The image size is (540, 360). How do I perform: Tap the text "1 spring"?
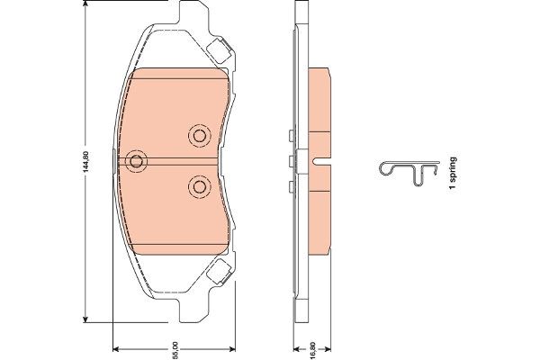pyautogui.click(x=453, y=173)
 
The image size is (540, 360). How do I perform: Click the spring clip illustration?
pyautogui.click(x=409, y=173)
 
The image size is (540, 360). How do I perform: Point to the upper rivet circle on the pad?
pyautogui.click(x=200, y=136)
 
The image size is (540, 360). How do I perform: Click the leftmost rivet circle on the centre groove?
pyautogui.click(x=137, y=161)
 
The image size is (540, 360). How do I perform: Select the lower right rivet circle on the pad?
pyautogui.click(x=200, y=187)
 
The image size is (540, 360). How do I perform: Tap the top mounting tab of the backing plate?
pyautogui.click(x=193, y=13)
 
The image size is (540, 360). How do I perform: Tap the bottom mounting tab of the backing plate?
pyautogui.click(x=193, y=310)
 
